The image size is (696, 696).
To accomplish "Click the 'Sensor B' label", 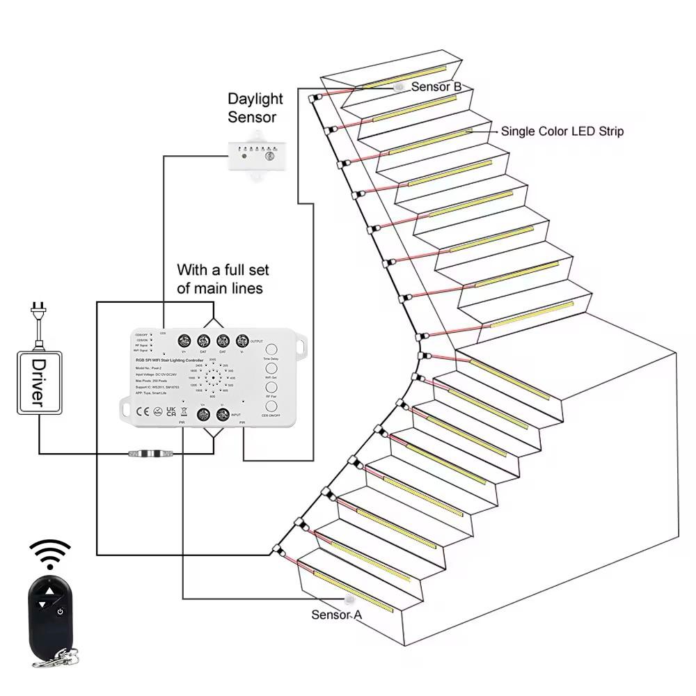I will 436,87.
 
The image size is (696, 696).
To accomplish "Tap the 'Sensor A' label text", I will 337,615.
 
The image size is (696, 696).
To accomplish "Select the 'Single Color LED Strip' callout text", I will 562,131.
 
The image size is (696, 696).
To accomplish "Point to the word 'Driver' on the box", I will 39,383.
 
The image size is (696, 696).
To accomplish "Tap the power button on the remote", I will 61,612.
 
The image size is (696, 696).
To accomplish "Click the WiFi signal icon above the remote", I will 49,554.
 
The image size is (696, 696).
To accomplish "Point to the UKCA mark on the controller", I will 171,411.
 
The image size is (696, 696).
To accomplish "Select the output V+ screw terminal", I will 185,341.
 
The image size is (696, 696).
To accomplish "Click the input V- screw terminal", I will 223,415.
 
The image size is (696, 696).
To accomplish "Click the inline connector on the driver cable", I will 150,454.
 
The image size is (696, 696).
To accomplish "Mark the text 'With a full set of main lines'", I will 223,278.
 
